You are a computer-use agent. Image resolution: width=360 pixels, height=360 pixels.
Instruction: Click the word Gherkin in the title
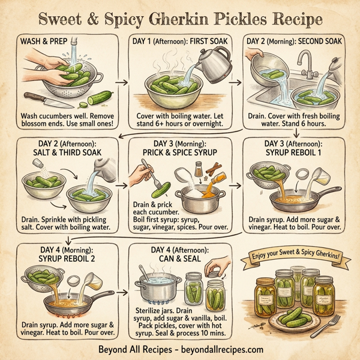point(199,17)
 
